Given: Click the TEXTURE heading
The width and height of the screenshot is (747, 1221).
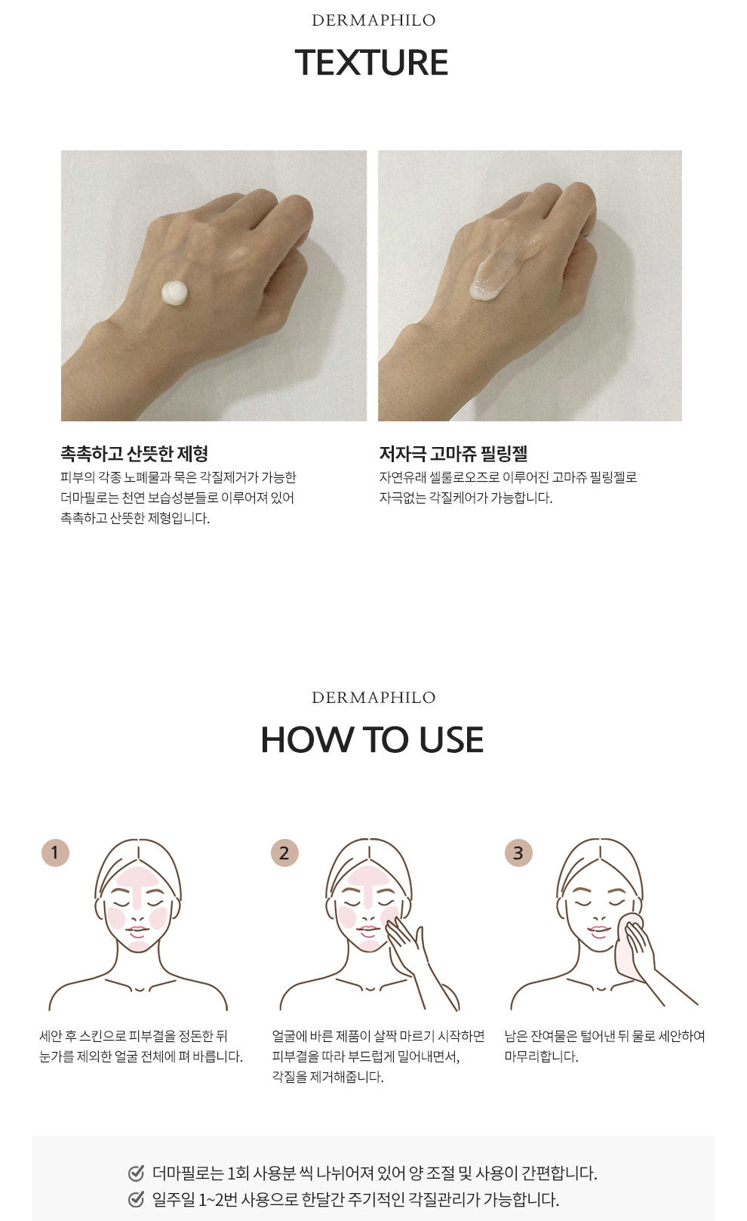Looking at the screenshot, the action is (371, 62).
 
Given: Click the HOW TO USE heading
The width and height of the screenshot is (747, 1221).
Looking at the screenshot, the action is (372, 740).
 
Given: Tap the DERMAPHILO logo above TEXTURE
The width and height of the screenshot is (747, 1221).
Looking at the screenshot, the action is (373, 20).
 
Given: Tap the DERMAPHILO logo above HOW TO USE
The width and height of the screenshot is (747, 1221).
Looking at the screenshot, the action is (373, 697).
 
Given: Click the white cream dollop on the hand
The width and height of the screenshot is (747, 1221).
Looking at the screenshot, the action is (175, 293).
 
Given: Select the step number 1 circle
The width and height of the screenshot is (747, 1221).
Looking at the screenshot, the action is (55, 852).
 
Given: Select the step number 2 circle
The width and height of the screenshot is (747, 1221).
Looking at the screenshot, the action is (284, 853).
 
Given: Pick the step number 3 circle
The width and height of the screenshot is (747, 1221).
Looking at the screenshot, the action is (518, 853).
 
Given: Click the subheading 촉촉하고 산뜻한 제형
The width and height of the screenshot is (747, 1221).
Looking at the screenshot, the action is (134, 453).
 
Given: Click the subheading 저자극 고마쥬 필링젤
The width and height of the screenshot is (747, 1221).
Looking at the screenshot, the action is (453, 453).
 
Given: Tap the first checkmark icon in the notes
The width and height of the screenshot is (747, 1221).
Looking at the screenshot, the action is (136, 1173).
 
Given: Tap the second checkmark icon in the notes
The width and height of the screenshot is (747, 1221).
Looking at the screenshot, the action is (136, 1199).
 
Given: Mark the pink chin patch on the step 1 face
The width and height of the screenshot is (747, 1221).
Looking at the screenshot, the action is (138, 946).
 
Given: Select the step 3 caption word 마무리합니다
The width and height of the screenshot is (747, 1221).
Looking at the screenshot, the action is (541, 1056).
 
